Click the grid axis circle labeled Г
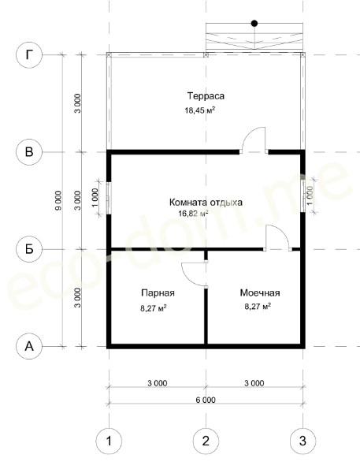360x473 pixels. click(x=29, y=55)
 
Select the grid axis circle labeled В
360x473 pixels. click(x=29, y=151)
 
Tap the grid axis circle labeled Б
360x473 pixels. click(x=29, y=249)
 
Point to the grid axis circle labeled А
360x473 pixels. click(x=29, y=346)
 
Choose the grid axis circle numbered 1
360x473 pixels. click(x=109, y=441)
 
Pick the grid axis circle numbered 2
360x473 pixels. click(x=206, y=441)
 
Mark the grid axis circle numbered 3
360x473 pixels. click(x=303, y=441)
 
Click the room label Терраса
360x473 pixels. click(x=206, y=96)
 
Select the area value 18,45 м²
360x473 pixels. click(x=200, y=110)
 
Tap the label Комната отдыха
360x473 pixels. click(x=206, y=202)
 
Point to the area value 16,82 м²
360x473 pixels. click(x=193, y=214)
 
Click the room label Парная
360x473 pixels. click(x=158, y=293)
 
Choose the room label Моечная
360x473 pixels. click(x=260, y=292)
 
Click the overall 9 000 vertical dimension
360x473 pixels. click(x=58, y=200)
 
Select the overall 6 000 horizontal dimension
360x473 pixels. click(x=206, y=400)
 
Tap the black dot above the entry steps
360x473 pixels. click(x=254, y=23)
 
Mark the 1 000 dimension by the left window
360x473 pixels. click(x=95, y=197)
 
